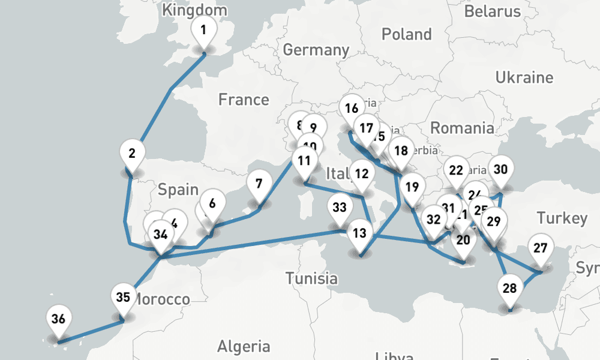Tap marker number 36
click(x=58, y=319)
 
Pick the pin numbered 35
click(x=123, y=297)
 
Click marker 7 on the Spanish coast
click(x=259, y=184)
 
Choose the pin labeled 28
click(x=509, y=288)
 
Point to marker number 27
click(x=541, y=248)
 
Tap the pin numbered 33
click(x=340, y=208)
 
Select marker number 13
click(x=359, y=233)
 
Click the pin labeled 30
click(x=500, y=169)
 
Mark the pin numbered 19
click(x=412, y=186)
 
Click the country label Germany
click(x=316, y=50)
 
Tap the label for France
click(x=244, y=99)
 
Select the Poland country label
click(x=407, y=34)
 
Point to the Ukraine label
click(x=524, y=77)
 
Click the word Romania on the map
click(x=462, y=128)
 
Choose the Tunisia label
click(x=311, y=278)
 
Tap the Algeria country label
click(x=243, y=346)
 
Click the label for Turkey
click(x=562, y=218)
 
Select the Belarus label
click(x=493, y=11)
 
